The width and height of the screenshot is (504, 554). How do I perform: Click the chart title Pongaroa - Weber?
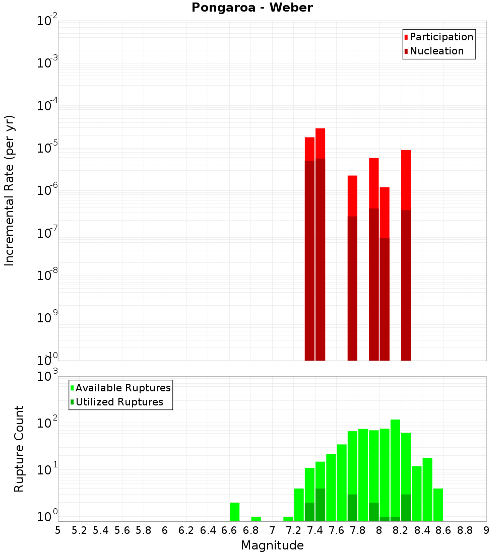coord(252,8)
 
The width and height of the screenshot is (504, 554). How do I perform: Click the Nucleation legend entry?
coord(436,51)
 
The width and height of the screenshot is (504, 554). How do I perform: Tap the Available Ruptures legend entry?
coord(123,388)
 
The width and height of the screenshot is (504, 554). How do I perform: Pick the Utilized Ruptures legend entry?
coord(119,402)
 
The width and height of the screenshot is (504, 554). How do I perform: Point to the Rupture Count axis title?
coord(19,449)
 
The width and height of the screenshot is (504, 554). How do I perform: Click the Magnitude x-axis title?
coord(272,545)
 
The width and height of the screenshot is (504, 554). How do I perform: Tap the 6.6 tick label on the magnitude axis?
coord(229,530)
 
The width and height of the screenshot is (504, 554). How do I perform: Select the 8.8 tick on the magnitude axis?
coord(465,530)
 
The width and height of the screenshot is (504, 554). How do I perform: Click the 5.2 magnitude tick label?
coord(79,530)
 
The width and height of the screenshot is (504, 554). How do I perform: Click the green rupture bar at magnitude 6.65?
coord(234,511)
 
